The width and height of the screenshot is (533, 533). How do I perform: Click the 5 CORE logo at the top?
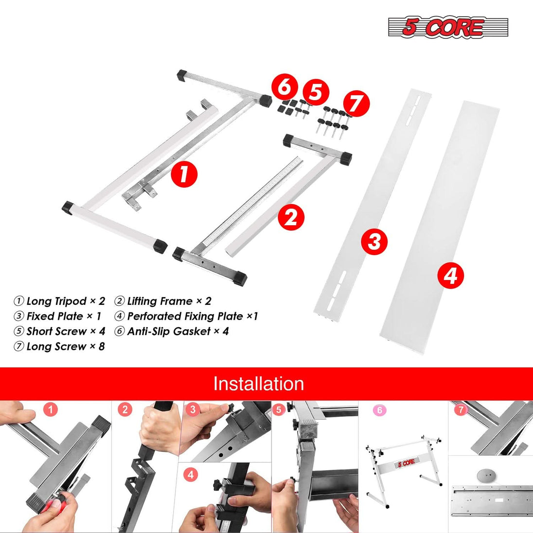point(448,27)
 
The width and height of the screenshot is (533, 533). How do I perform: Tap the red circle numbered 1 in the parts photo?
point(184,174)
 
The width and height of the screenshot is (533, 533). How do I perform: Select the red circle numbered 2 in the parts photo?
point(291,217)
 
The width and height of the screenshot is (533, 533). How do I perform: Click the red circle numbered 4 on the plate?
point(450,275)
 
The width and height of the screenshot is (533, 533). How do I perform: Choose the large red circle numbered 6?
point(285,87)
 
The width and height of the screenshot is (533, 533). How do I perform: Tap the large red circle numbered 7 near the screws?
point(356,103)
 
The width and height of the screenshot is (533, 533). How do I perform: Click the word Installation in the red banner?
point(258,384)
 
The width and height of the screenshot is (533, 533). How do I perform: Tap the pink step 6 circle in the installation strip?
point(379,410)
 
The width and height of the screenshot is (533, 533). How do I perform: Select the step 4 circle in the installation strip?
point(191,474)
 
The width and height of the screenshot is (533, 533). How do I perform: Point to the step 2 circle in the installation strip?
point(125,409)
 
